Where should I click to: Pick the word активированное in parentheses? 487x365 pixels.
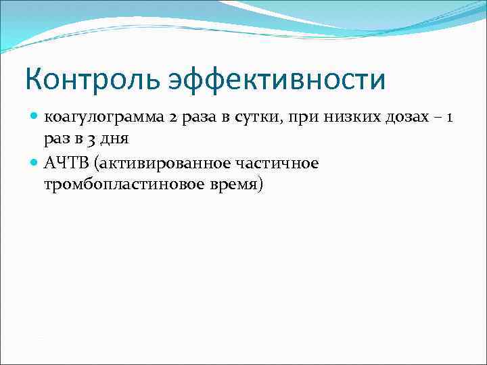[x=159, y=163]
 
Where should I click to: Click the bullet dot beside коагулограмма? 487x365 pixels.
[x=34, y=118]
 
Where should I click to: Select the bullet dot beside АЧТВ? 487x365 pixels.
[x=34, y=163]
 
